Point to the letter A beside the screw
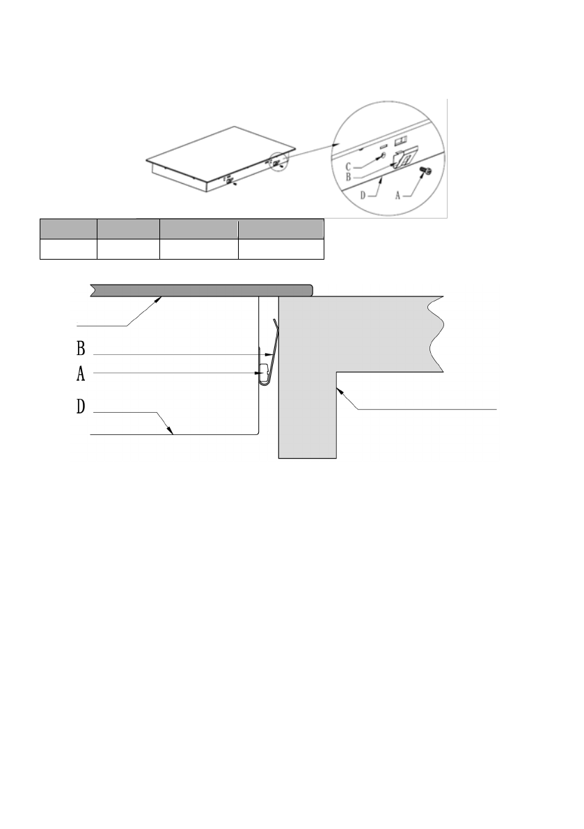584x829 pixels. [x=398, y=196]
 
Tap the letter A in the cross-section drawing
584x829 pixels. [x=81, y=374]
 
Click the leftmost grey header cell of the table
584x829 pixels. [x=68, y=230]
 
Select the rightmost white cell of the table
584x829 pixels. [x=281, y=249]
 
